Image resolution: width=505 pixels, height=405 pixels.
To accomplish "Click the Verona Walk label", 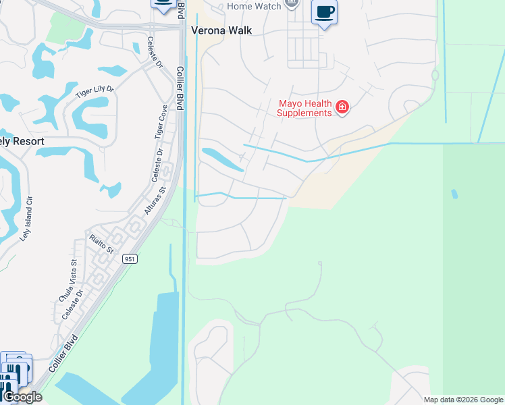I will (221, 30).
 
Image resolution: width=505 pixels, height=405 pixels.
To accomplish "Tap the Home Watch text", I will (253, 6).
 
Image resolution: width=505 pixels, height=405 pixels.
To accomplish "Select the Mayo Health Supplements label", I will (305, 108).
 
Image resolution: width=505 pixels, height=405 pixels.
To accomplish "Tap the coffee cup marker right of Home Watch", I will (325, 13).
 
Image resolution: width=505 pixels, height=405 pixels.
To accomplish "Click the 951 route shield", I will (130, 259).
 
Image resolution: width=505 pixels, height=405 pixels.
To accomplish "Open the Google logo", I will (22, 397).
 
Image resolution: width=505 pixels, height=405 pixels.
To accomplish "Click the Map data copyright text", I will (463, 400).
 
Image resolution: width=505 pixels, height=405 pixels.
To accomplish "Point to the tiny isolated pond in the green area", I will (454, 194).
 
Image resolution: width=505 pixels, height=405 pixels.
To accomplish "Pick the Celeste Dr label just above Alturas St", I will (157, 166).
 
